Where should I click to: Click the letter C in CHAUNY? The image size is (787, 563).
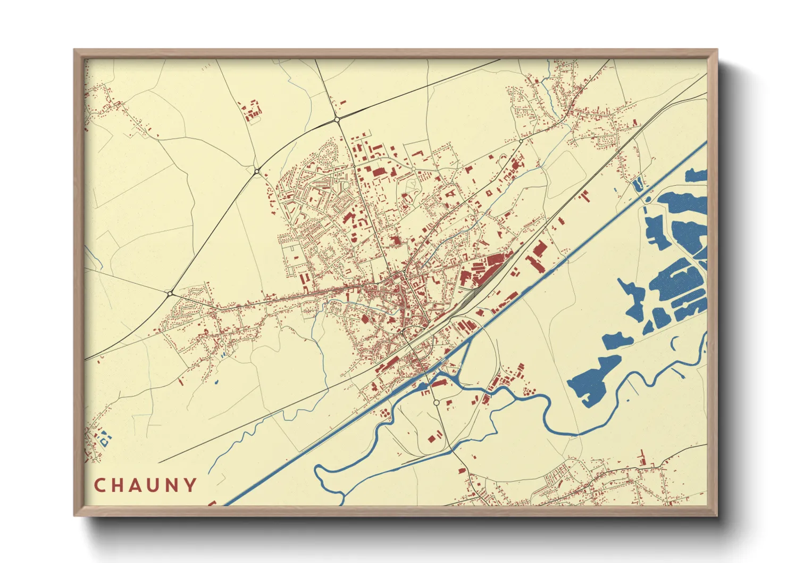[99, 485]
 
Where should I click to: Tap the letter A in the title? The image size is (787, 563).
[136, 485]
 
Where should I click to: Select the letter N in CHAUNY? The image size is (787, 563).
[171, 485]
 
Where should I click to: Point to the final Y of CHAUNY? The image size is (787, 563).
[190, 485]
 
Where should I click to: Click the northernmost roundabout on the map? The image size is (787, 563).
[337, 120]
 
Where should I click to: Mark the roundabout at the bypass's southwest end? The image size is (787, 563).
[170, 293]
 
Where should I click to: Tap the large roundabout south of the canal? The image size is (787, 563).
[436, 403]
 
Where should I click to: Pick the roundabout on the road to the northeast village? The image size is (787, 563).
[521, 140]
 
